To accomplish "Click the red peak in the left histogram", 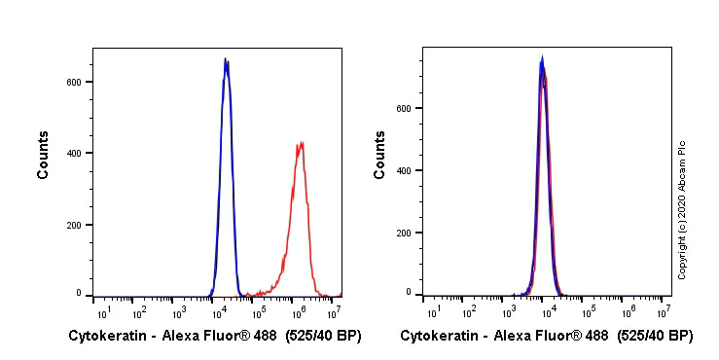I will (302, 145).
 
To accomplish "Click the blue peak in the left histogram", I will (226, 61).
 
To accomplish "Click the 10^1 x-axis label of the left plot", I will (101, 310).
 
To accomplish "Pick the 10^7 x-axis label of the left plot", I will (334, 310).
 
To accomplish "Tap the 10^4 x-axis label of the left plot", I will (218, 310).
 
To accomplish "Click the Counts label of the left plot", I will (44, 155).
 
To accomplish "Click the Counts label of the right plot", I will (379, 155).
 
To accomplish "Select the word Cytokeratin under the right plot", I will (440, 337).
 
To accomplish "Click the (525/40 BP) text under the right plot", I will (656, 337).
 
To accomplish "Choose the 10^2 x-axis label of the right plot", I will (470, 310).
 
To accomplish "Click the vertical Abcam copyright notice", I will (682, 209).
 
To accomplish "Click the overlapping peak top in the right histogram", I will (543, 60).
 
